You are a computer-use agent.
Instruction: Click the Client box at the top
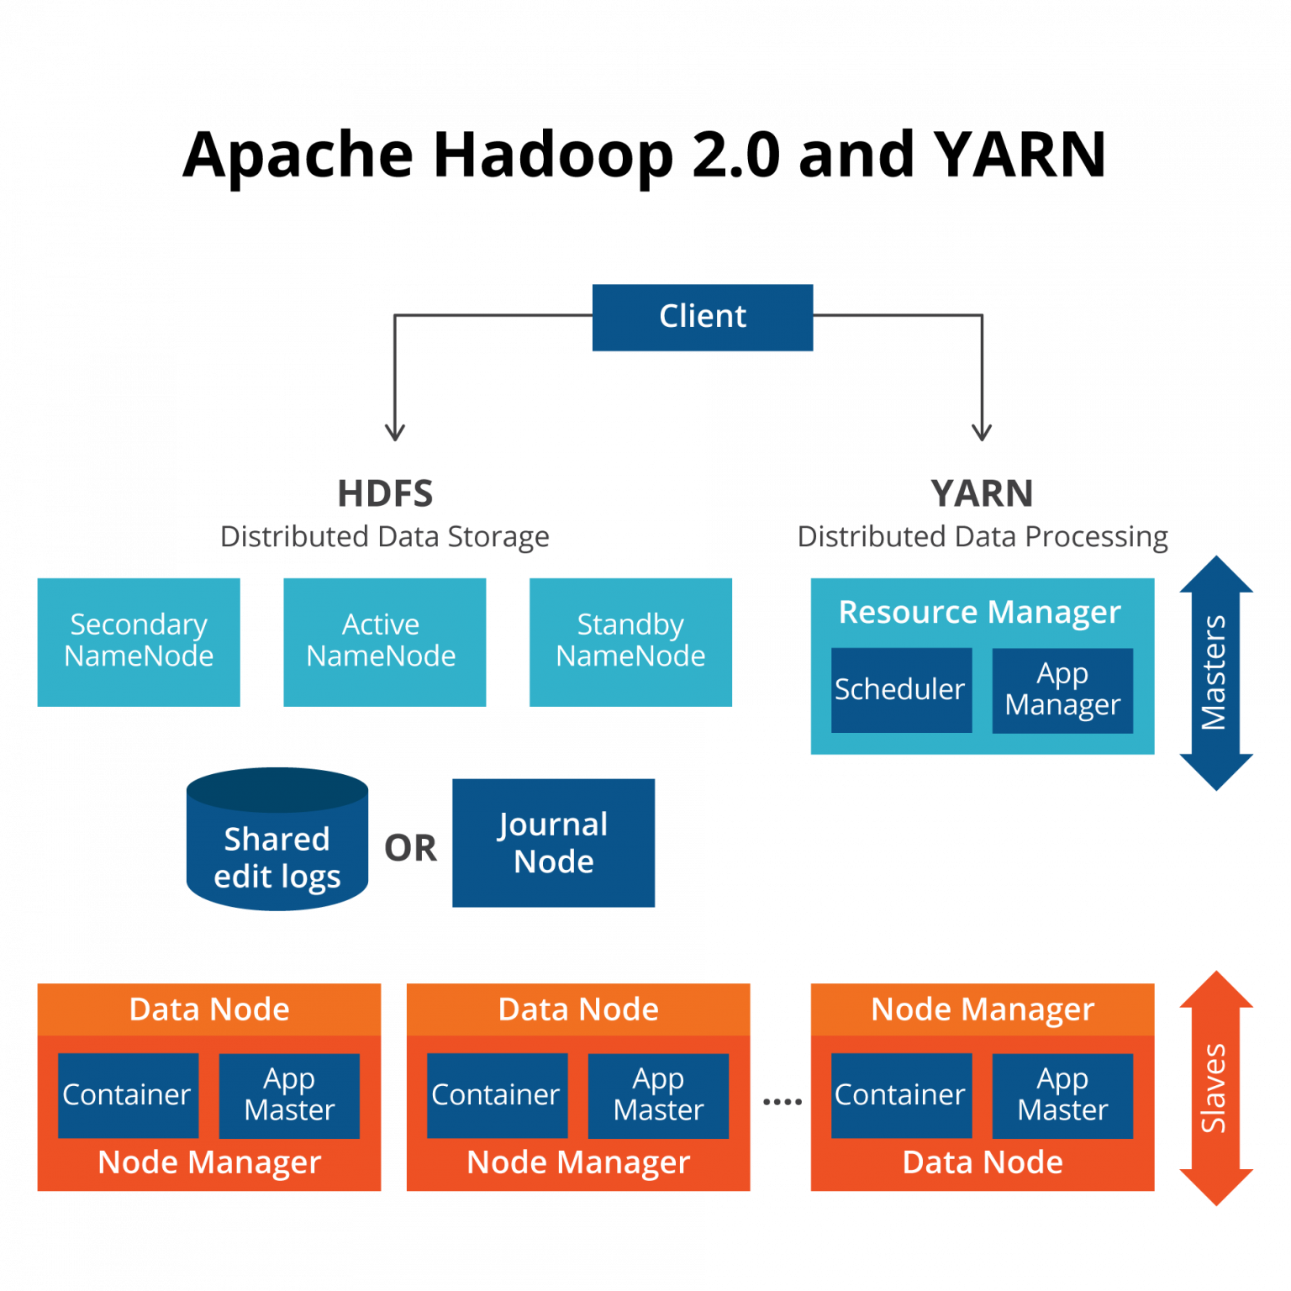702,318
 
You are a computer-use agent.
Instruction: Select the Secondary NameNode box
139,641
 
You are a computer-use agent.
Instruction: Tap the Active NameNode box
384,641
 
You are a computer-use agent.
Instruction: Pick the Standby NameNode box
630,641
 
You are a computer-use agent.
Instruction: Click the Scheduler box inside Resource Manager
901,690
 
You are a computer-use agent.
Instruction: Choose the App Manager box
1062,690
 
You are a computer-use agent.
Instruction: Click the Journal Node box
553,842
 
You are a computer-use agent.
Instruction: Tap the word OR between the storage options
410,849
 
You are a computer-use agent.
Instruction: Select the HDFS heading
385,494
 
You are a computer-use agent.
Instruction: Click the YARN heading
982,494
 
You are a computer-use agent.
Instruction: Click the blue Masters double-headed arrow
1215,672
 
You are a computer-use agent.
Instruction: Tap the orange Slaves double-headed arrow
1215,1088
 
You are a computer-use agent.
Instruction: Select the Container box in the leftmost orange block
128,1095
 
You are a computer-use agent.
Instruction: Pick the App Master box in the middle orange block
658,1095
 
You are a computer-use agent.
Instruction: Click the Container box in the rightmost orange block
901,1095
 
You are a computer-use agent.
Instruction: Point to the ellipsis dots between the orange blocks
782,1101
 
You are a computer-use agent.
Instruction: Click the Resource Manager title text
980,612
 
